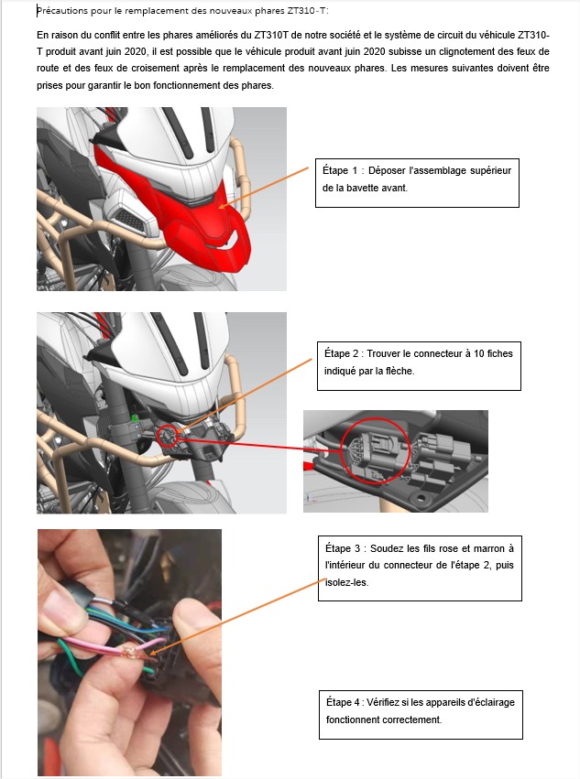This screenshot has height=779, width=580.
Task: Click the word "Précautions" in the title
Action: click(62, 11)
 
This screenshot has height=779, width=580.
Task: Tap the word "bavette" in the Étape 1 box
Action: click(362, 188)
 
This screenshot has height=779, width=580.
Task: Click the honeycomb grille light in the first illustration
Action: click(128, 220)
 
